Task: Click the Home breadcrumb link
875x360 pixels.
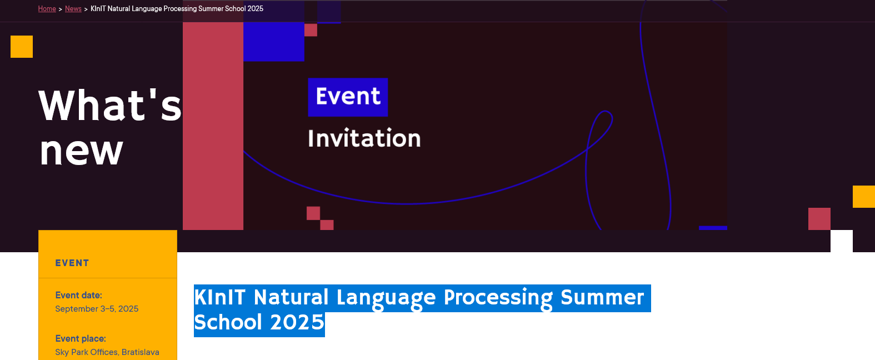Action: click(x=47, y=8)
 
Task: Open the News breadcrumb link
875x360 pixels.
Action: click(x=73, y=8)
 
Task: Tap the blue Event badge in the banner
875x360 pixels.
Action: click(x=348, y=97)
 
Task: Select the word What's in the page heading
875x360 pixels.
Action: click(x=110, y=105)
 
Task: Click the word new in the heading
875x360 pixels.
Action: click(x=81, y=152)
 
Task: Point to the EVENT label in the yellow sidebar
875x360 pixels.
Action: click(x=72, y=263)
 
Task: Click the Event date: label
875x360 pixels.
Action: click(x=78, y=295)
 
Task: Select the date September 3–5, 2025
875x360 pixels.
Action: click(x=97, y=309)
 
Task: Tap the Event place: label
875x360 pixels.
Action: click(x=81, y=338)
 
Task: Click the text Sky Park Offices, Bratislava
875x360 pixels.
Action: click(x=107, y=352)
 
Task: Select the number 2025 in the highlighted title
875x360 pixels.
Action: click(x=297, y=323)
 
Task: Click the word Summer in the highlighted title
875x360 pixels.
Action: click(x=602, y=298)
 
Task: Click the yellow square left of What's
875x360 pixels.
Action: click(x=22, y=47)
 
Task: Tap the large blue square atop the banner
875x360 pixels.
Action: click(x=274, y=41)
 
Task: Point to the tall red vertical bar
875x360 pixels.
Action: click(x=213, y=126)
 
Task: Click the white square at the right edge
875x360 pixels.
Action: click(x=842, y=241)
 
